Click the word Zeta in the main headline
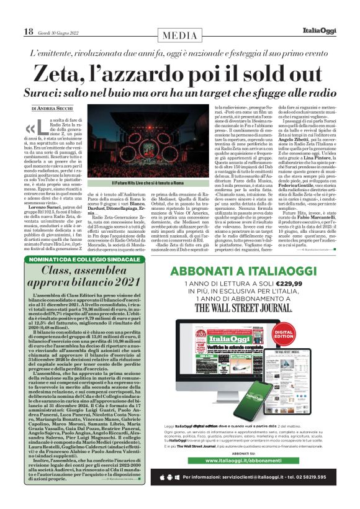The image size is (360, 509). tap(60, 74)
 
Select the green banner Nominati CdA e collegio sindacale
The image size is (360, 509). tap(88, 259)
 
